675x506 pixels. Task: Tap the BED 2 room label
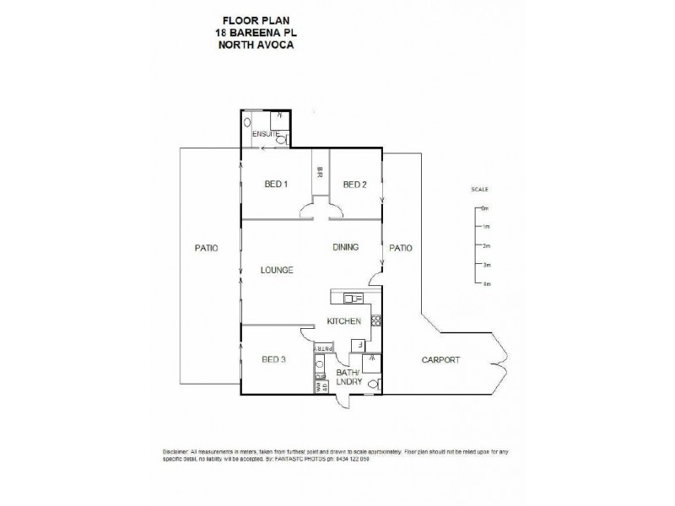[354, 185]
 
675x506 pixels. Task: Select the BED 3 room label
[274, 359]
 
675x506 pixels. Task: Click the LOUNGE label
[277, 270]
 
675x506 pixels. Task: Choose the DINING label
[346, 247]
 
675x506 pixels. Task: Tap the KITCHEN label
[345, 321]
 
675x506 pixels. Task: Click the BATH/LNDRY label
[348, 376]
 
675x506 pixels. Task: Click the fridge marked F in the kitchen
[360, 345]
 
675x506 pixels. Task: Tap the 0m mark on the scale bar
[485, 207]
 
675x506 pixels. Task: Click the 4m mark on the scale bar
[485, 285]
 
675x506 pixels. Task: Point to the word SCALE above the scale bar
[480, 190]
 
